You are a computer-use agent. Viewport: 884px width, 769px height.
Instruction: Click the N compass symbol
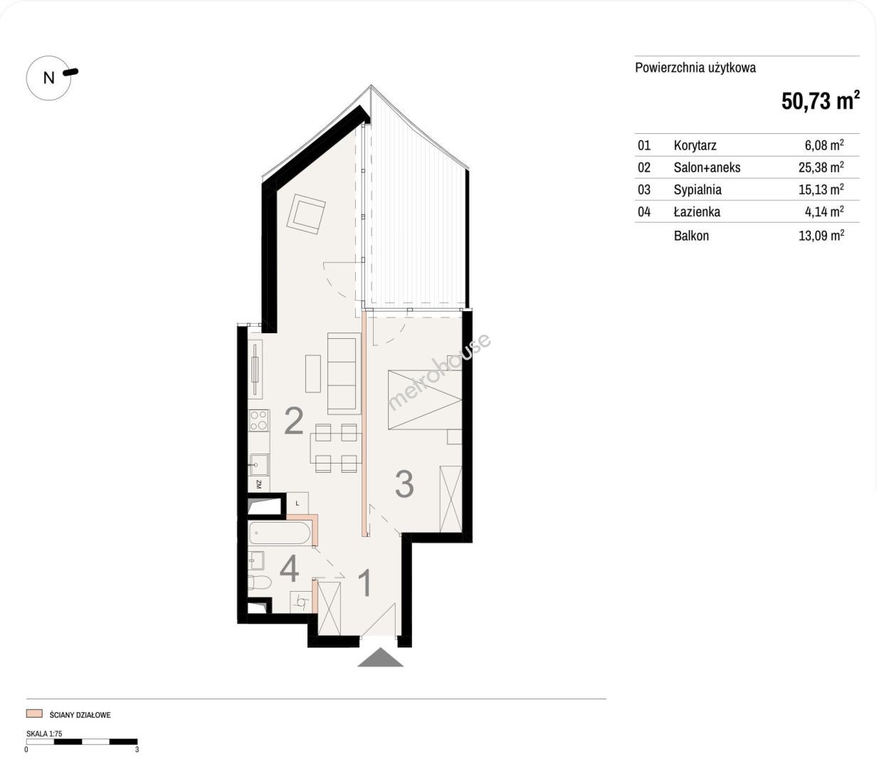[49, 78]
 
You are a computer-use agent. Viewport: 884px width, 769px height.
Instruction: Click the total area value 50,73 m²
[820, 100]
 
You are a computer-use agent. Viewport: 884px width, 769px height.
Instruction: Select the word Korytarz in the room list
[695, 145]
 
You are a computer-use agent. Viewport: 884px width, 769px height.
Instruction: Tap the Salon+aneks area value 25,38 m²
[821, 167]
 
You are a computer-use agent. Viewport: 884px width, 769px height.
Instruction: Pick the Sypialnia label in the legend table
[698, 189]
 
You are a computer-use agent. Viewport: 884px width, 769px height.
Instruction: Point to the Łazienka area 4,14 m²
[824, 211]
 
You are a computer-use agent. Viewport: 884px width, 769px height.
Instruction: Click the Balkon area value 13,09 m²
[821, 235]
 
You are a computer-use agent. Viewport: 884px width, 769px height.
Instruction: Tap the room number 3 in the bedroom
[404, 484]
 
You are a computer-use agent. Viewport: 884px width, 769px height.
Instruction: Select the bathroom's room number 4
[289, 569]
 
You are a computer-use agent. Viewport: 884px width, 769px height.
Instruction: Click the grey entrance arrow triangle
[380, 657]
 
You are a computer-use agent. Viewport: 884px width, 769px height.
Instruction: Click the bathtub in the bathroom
[280, 533]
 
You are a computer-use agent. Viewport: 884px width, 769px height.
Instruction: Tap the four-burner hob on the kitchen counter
[259, 421]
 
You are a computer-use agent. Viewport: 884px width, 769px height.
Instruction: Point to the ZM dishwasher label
[259, 483]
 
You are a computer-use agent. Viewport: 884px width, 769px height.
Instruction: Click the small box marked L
[298, 503]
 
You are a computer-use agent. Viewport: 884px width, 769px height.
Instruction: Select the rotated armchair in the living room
[306, 214]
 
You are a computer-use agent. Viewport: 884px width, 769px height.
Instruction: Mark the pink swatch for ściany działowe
[34, 713]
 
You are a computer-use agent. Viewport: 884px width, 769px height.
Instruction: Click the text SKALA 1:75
[44, 733]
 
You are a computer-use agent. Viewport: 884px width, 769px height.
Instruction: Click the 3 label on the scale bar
[137, 750]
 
